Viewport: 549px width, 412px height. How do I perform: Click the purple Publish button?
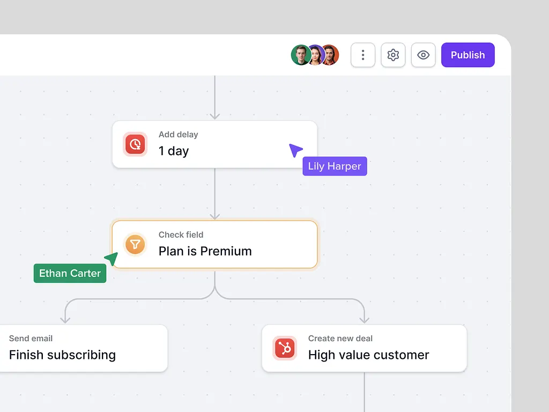468,55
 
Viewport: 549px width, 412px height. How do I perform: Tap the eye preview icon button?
424,55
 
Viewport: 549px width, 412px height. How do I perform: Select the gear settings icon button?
393,55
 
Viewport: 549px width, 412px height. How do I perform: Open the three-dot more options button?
363,55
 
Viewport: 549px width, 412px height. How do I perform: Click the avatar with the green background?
300,55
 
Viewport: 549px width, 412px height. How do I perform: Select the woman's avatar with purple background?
316,55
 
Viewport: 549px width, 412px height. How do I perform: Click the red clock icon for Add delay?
135,144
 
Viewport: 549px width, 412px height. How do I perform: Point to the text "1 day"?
174,151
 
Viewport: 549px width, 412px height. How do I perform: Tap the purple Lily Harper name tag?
335,166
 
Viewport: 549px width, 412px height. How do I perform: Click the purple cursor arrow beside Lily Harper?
295,150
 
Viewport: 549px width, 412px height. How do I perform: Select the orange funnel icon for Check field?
135,244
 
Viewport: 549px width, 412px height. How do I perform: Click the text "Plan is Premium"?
205,251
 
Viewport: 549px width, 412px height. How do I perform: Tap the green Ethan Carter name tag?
70,273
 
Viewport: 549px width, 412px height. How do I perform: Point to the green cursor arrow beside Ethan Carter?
112,259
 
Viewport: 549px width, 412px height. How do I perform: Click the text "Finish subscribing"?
62,355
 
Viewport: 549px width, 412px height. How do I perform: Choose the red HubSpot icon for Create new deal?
285,348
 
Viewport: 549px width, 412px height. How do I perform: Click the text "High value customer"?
369,355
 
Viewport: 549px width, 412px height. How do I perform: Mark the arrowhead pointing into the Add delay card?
215,116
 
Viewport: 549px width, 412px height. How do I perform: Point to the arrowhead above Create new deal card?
365,320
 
